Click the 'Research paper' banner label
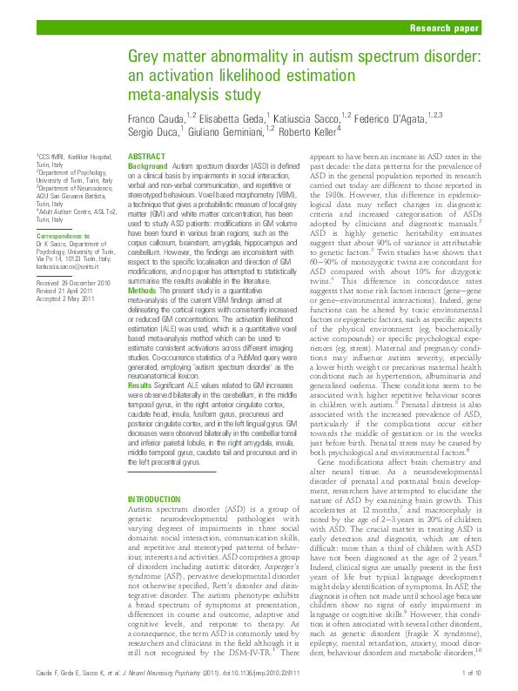441,29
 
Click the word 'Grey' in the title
148,57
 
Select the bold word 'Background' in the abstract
147,164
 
